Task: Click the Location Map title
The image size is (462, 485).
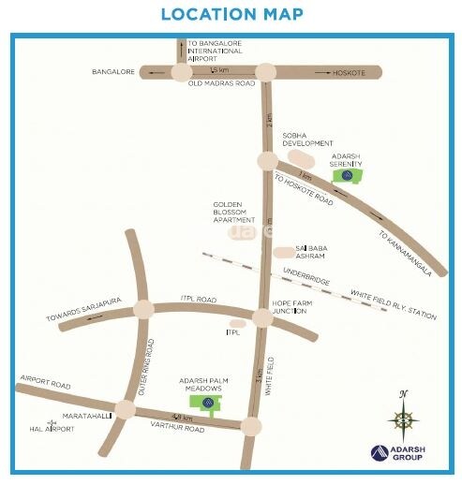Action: pos(231,14)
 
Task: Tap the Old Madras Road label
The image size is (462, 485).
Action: pos(221,84)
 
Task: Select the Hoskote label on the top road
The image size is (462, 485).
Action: pos(350,71)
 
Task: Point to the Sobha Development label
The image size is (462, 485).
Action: pos(307,139)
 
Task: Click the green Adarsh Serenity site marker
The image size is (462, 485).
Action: pos(349,174)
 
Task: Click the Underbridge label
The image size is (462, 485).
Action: pos(306,278)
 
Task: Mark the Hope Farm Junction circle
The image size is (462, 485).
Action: pos(262,318)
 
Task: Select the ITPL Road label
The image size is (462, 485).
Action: pos(199,299)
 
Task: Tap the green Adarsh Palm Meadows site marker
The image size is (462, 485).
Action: pos(206,403)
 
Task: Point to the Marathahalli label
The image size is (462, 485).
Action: pos(82,413)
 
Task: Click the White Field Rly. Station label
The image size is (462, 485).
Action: pos(394,305)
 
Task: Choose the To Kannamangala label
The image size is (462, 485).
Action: pos(406,253)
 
